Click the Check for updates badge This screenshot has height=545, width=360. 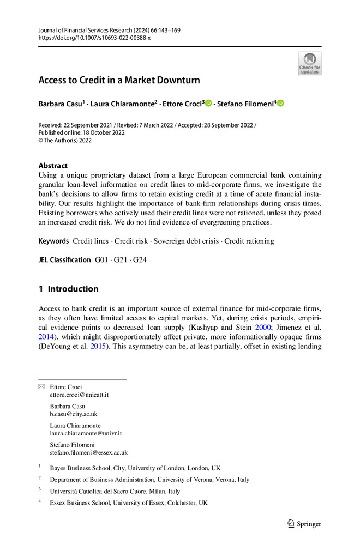tap(310, 64)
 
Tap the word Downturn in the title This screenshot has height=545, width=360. tap(176, 81)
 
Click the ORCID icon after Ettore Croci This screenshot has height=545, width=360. tap(208, 104)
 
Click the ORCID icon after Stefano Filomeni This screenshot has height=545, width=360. tap(281, 104)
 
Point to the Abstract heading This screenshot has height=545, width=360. tap(53, 166)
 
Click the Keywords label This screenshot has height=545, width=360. tap(53, 241)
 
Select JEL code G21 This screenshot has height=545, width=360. tap(123, 260)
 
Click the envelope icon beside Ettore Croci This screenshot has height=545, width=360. tap(42, 387)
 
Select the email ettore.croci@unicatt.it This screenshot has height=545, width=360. tap(79, 395)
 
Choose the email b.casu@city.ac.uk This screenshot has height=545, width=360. tap(74, 414)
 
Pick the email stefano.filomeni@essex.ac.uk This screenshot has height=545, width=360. tap(88, 452)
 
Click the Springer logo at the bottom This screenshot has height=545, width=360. tap(304, 524)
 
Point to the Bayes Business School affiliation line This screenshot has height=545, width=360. tap(135, 468)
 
